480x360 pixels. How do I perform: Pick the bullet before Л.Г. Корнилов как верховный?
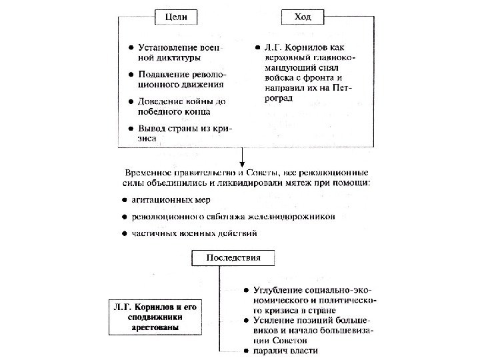coord(257,48)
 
